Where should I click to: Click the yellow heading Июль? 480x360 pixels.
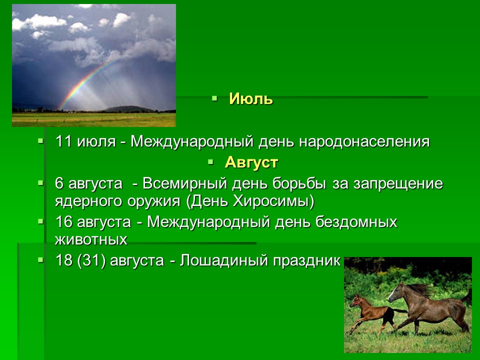[250, 99]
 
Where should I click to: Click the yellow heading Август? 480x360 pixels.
[251, 162]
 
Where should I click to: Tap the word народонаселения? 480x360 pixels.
[364, 141]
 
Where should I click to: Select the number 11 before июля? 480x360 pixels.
[63, 141]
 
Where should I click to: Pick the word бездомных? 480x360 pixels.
[356, 222]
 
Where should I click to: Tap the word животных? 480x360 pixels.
[91, 239]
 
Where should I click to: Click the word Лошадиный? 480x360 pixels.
[224, 261]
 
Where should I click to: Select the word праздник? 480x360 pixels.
[306, 261]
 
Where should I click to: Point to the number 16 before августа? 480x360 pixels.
[63, 222]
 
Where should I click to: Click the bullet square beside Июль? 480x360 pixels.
[214, 98]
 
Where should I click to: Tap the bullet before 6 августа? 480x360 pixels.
[40, 183]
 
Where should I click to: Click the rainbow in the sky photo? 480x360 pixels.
[87, 83]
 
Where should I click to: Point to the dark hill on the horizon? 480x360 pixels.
[128, 109]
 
